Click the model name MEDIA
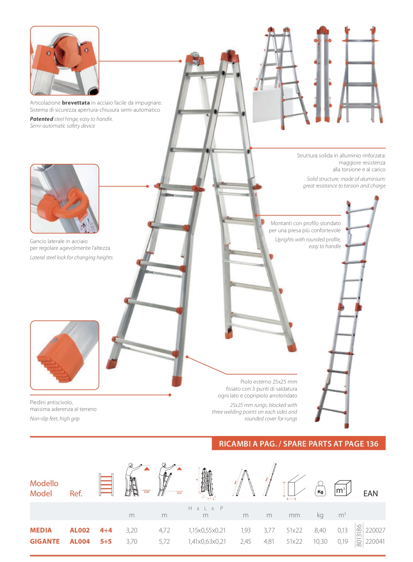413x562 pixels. point(41,530)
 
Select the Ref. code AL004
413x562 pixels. point(80,541)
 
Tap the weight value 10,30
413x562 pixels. point(320,541)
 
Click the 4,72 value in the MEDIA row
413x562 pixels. point(164,530)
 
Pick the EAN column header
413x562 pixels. point(370,493)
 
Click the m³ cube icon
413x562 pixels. point(342,488)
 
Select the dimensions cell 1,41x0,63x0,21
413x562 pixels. point(207,541)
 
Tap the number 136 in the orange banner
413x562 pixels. point(371,444)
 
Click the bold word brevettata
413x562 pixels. point(76,103)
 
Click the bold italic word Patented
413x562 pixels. point(41,119)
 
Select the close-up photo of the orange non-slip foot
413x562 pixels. point(64,355)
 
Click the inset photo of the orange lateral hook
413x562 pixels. point(64,199)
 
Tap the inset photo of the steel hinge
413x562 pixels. point(64,61)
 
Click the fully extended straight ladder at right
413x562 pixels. point(349,315)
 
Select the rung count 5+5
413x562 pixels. point(106,541)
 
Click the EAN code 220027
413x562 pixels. point(375,530)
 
